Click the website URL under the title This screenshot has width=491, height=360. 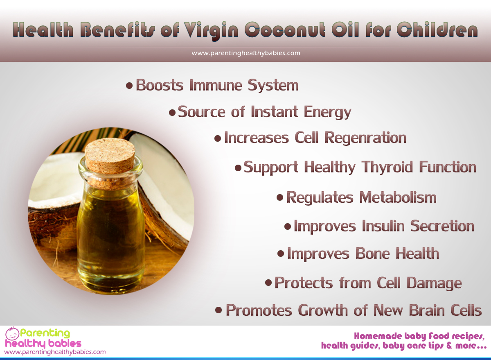point(246,53)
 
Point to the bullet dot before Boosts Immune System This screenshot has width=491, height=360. point(129,86)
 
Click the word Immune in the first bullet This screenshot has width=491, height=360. point(216,85)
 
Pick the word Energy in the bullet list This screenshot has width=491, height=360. point(328,112)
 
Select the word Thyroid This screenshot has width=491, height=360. point(387,168)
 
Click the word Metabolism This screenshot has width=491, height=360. point(398,197)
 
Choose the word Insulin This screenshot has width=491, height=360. point(383,226)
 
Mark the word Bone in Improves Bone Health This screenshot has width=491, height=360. point(373,254)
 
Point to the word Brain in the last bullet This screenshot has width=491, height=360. point(427,310)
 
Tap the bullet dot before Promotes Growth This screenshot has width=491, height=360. point(218,310)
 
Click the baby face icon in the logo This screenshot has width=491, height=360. point(12,334)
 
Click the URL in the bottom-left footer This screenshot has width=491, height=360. point(55,352)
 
